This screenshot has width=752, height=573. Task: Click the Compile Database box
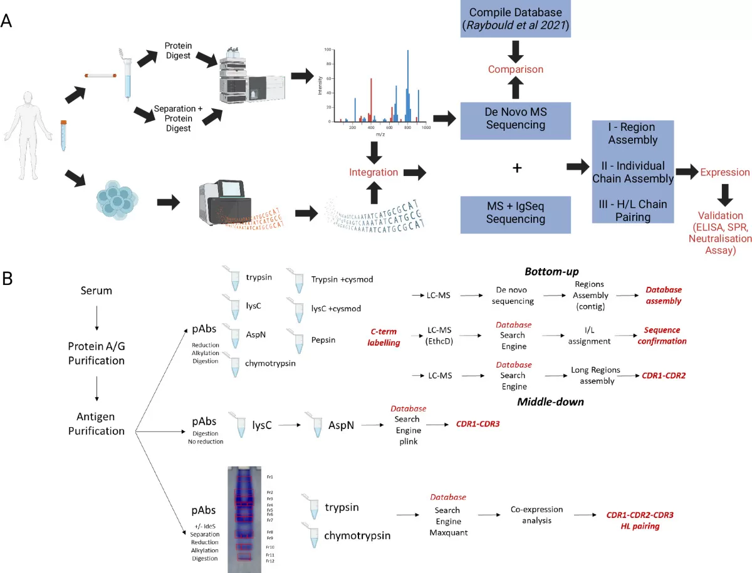[x=515, y=18]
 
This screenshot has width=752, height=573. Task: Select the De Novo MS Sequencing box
[x=515, y=117]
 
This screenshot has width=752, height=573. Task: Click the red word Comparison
[x=515, y=70]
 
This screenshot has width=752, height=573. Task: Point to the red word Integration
[x=374, y=172]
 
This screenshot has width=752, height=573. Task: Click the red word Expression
[x=725, y=172]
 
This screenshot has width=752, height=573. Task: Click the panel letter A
[x=7, y=20]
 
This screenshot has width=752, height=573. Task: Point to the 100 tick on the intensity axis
[x=326, y=49]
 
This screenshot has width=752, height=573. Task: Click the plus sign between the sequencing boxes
[x=517, y=168]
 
